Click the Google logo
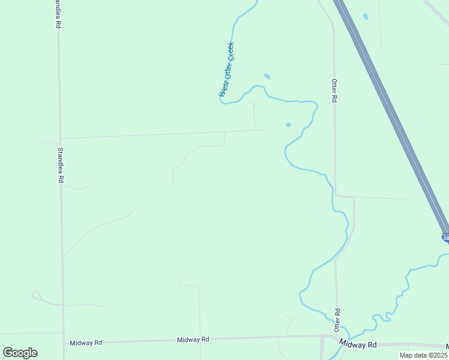[x=20, y=353]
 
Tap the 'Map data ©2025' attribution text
[x=423, y=355]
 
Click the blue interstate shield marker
[x=445, y=238]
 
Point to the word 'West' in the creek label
[x=223, y=90]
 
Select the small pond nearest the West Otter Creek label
[x=267, y=76]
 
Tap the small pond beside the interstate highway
[x=366, y=16]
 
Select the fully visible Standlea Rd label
[x=60, y=165]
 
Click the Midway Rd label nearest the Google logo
[x=86, y=342]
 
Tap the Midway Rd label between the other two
[x=193, y=340]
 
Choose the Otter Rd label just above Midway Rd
[x=337, y=318]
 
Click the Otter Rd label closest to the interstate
[x=335, y=90]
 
